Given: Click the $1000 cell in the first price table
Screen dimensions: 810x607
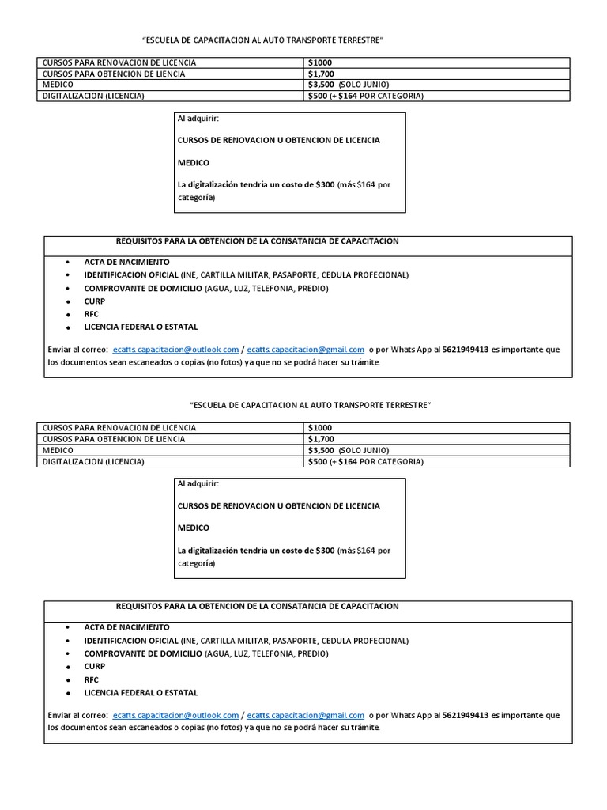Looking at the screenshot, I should (x=320, y=62).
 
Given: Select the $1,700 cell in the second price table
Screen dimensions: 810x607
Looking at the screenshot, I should (x=320, y=439).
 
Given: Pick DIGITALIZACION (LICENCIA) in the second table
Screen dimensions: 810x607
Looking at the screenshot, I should (x=93, y=461).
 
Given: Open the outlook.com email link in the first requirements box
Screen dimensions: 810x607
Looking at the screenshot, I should (x=175, y=349).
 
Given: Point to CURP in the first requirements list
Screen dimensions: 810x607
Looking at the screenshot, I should (x=95, y=301).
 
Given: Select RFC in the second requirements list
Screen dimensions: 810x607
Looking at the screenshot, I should (x=92, y=679).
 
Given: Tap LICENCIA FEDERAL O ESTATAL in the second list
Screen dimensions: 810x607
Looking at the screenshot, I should (x=141, y=692).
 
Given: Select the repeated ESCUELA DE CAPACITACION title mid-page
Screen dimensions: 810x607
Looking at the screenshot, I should (x=311, y=405).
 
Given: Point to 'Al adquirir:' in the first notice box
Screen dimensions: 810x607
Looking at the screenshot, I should (x=199, y=119).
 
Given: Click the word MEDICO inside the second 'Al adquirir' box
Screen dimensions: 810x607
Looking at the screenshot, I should (x=194, y=528).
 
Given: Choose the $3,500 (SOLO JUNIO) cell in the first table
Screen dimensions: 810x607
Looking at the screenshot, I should (x=349, y=85).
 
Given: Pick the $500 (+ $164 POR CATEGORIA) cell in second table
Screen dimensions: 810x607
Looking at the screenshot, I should (x=365, y=461).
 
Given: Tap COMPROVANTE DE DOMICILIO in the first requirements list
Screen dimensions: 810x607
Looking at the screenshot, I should (x=143, y=288).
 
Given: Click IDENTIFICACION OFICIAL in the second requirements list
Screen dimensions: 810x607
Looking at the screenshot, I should (x=131, y=641).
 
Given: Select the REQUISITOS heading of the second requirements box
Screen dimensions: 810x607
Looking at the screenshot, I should (x=257, y=606).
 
